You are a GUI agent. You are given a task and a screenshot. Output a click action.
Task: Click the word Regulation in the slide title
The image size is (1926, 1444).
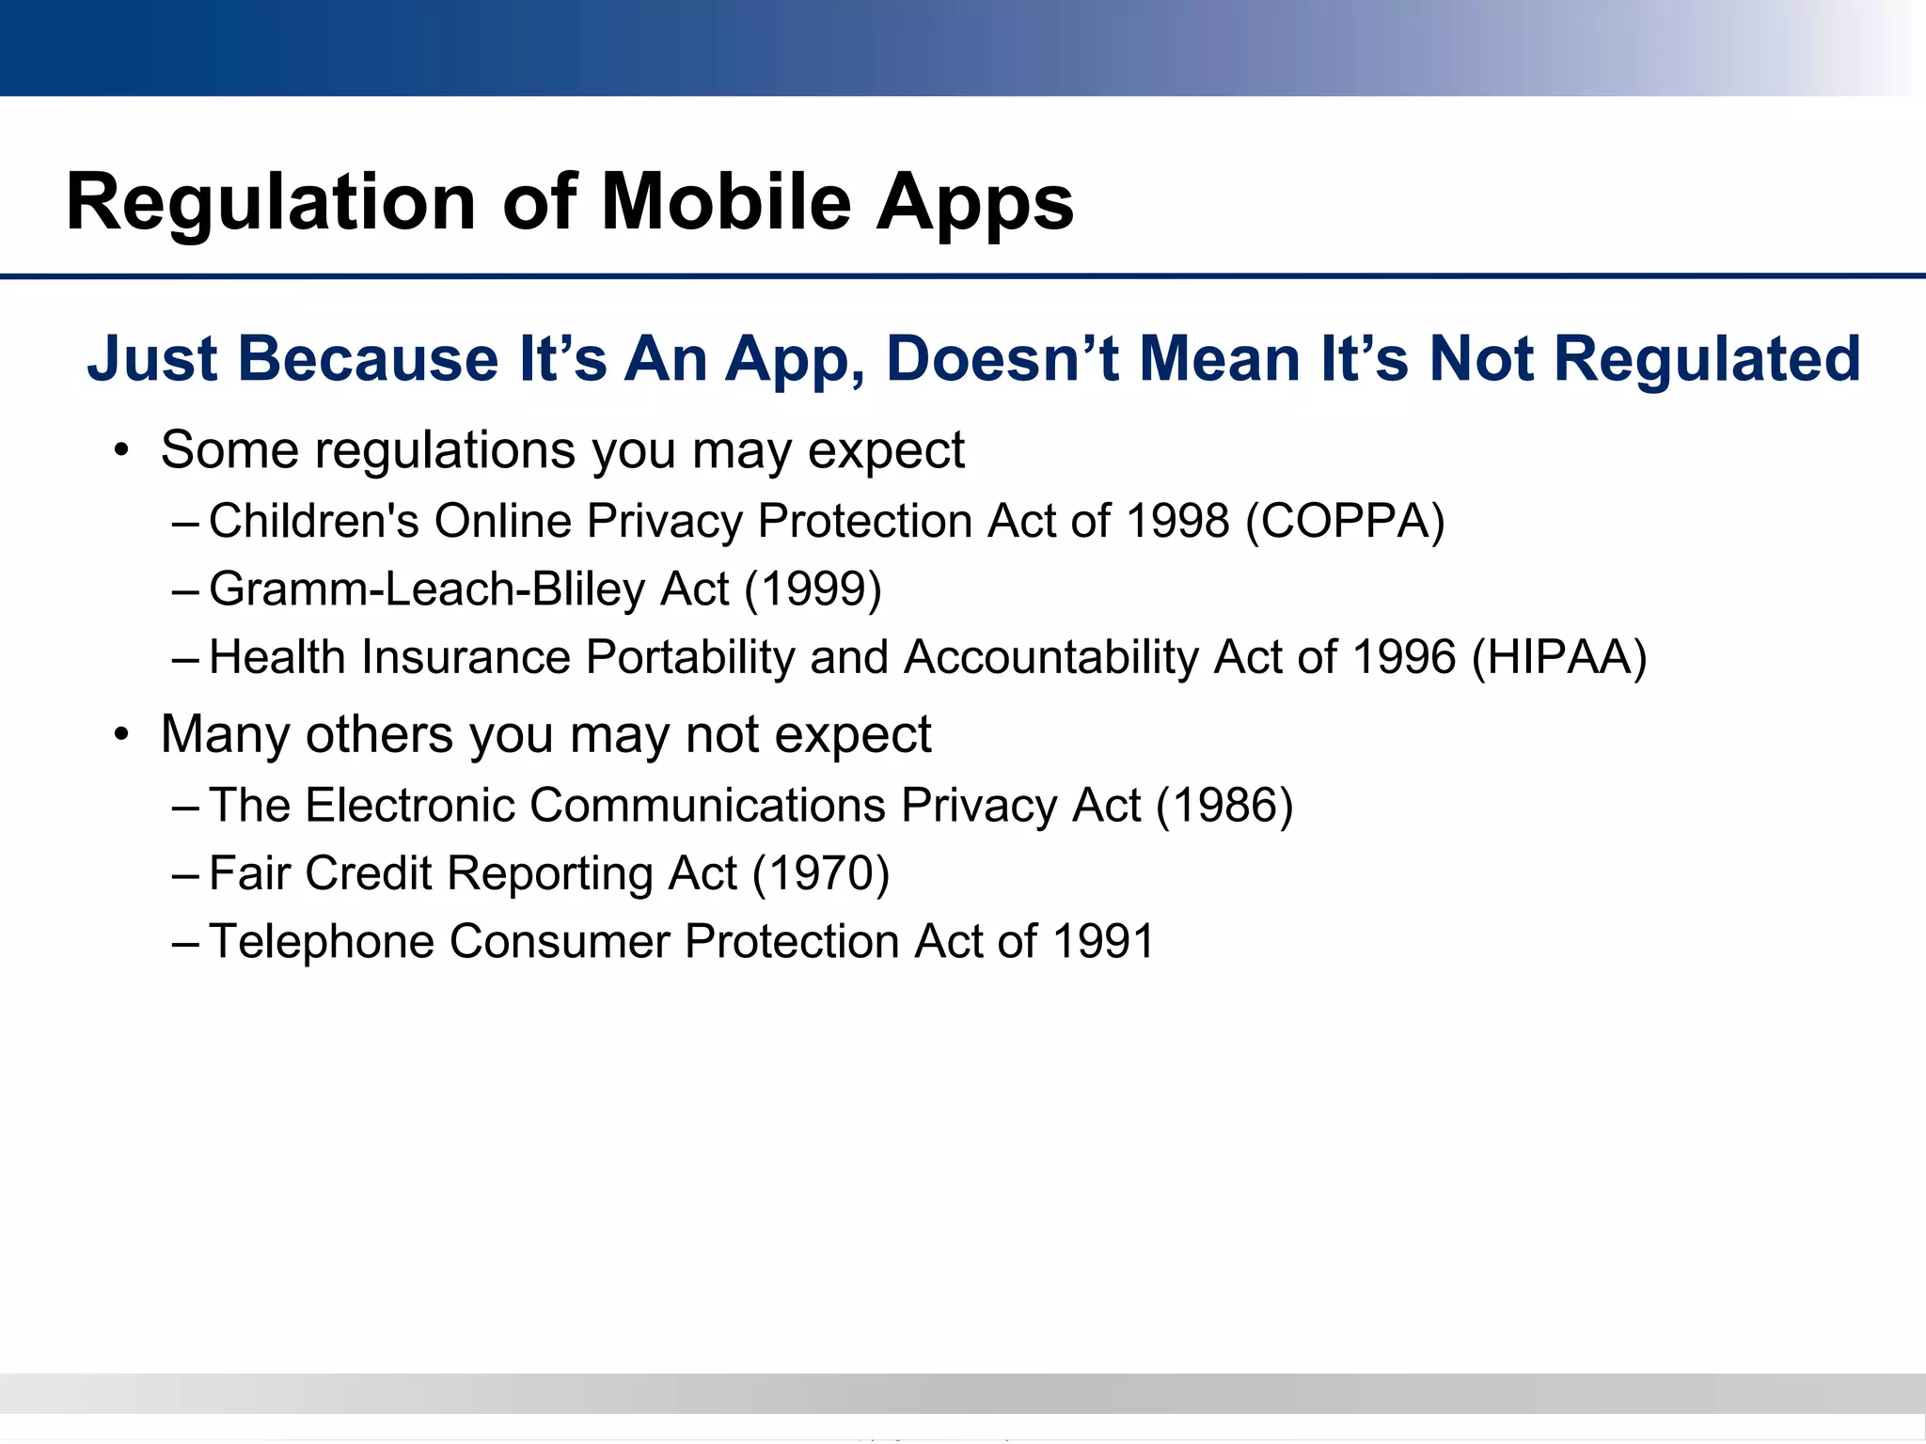tap(271, 203)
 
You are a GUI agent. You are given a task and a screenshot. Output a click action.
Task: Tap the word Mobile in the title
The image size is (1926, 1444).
tap(725, 203)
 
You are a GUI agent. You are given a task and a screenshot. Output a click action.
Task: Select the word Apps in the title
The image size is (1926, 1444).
tap(974, 203)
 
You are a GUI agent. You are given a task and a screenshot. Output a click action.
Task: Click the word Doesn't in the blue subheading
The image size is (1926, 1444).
tap(1002, 359)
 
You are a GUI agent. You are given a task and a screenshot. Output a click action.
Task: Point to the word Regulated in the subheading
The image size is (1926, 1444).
tap(1707, 359)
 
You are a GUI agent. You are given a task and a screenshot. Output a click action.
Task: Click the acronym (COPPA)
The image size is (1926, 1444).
tap(1345, 521)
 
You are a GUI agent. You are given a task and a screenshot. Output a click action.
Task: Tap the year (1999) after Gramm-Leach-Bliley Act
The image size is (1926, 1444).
tap(813, 589)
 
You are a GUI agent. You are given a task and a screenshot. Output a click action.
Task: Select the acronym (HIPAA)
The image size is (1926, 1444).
tap(1559, 657)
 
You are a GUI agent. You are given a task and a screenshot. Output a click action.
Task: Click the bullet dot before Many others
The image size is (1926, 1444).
tap(120, 736)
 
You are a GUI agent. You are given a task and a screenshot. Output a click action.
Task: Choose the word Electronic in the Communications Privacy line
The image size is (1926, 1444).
tap(410, 806)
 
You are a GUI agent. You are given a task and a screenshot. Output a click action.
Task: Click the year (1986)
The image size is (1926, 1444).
tap(1224, 806)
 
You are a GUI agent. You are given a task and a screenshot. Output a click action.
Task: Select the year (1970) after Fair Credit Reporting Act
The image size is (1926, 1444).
tap(820, 873)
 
